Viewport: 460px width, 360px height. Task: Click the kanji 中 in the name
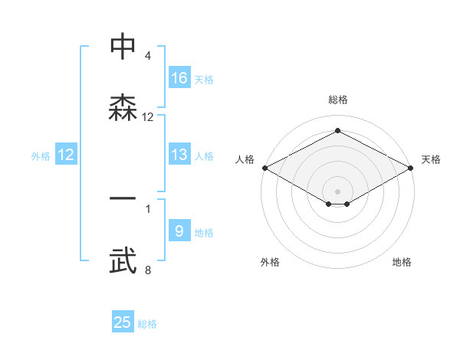[123, 47]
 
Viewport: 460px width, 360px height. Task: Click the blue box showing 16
[179, 78]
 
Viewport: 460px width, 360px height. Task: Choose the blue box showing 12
[66, 155]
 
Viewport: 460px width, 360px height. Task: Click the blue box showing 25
[123, 322]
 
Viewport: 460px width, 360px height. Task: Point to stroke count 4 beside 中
[148, 56]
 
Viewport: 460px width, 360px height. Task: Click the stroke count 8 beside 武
[148, 270]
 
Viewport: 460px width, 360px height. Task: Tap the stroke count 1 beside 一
[148, 207]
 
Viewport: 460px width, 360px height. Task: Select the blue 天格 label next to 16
[204, 80]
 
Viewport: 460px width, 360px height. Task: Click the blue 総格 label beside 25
[147, 324]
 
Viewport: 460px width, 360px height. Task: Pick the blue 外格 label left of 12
[41, 156]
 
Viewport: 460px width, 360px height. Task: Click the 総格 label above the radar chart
[337, 100]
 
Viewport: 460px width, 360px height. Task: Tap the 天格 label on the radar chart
[431, 159]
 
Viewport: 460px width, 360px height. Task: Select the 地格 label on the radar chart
[402, 263]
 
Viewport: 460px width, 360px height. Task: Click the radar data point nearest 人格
[264, 168]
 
